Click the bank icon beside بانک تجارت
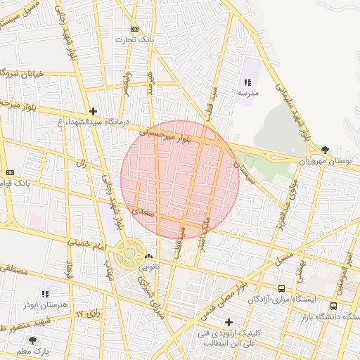point(134,30)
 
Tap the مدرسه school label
point(248,93)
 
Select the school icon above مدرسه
point(246,83)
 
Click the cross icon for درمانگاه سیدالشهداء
point(93,111)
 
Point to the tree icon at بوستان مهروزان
point(325,149)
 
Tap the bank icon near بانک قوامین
point(10,172)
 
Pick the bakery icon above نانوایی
point(148,257)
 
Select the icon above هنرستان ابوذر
point(46,293)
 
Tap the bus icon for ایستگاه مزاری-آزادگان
point(282,288)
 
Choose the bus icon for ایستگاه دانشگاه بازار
point(333,306)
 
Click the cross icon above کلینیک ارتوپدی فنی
point(229,322)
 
